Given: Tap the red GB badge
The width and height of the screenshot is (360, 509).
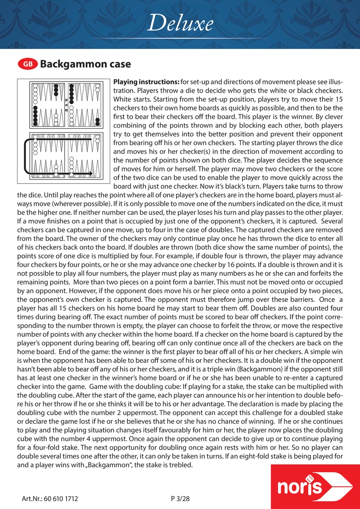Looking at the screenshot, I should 27,64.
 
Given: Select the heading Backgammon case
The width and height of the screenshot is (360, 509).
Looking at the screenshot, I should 85,64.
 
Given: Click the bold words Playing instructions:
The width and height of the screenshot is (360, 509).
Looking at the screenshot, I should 146,83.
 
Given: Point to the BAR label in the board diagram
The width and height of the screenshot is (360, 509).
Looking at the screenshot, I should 67,104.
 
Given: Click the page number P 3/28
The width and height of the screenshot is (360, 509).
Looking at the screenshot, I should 181,499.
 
